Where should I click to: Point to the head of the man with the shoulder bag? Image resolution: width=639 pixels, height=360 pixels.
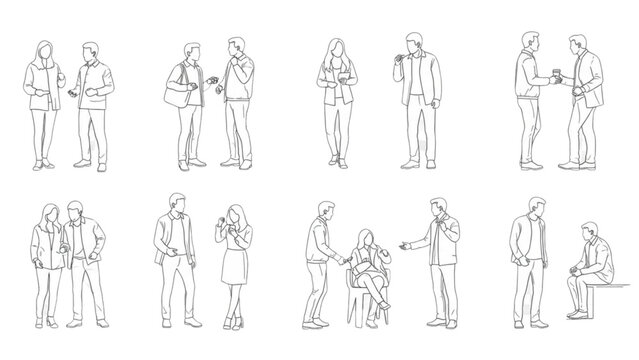[191, 52]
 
